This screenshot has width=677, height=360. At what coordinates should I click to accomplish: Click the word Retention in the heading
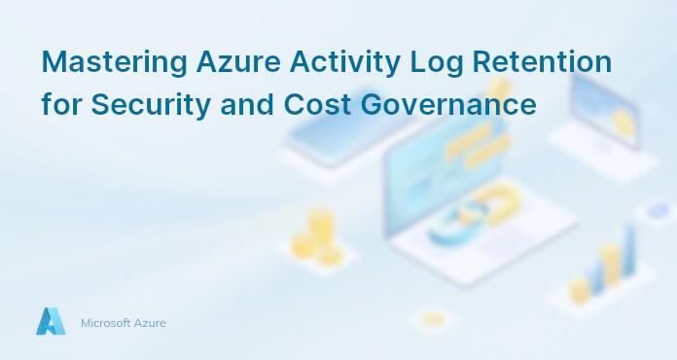542,63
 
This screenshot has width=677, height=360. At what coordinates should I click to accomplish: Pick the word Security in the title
148,105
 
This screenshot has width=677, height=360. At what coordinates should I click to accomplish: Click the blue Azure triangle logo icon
51,322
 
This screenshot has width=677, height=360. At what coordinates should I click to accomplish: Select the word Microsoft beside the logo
105,323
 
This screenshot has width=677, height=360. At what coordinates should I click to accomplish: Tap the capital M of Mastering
53,63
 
